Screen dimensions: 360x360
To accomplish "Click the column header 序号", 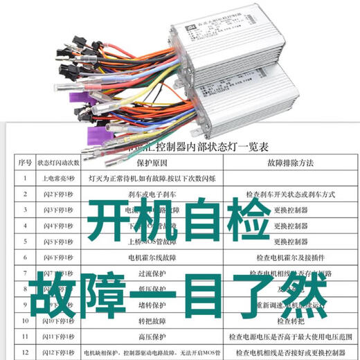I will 24,163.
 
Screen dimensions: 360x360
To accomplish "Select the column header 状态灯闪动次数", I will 59,163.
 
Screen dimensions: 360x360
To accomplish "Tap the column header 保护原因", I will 152,163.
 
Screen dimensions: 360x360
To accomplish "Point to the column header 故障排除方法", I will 286,163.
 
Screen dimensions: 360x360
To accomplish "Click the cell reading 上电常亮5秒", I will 59,178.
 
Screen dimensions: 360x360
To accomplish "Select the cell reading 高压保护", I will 152,336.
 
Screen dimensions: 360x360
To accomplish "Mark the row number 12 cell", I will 24,352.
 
